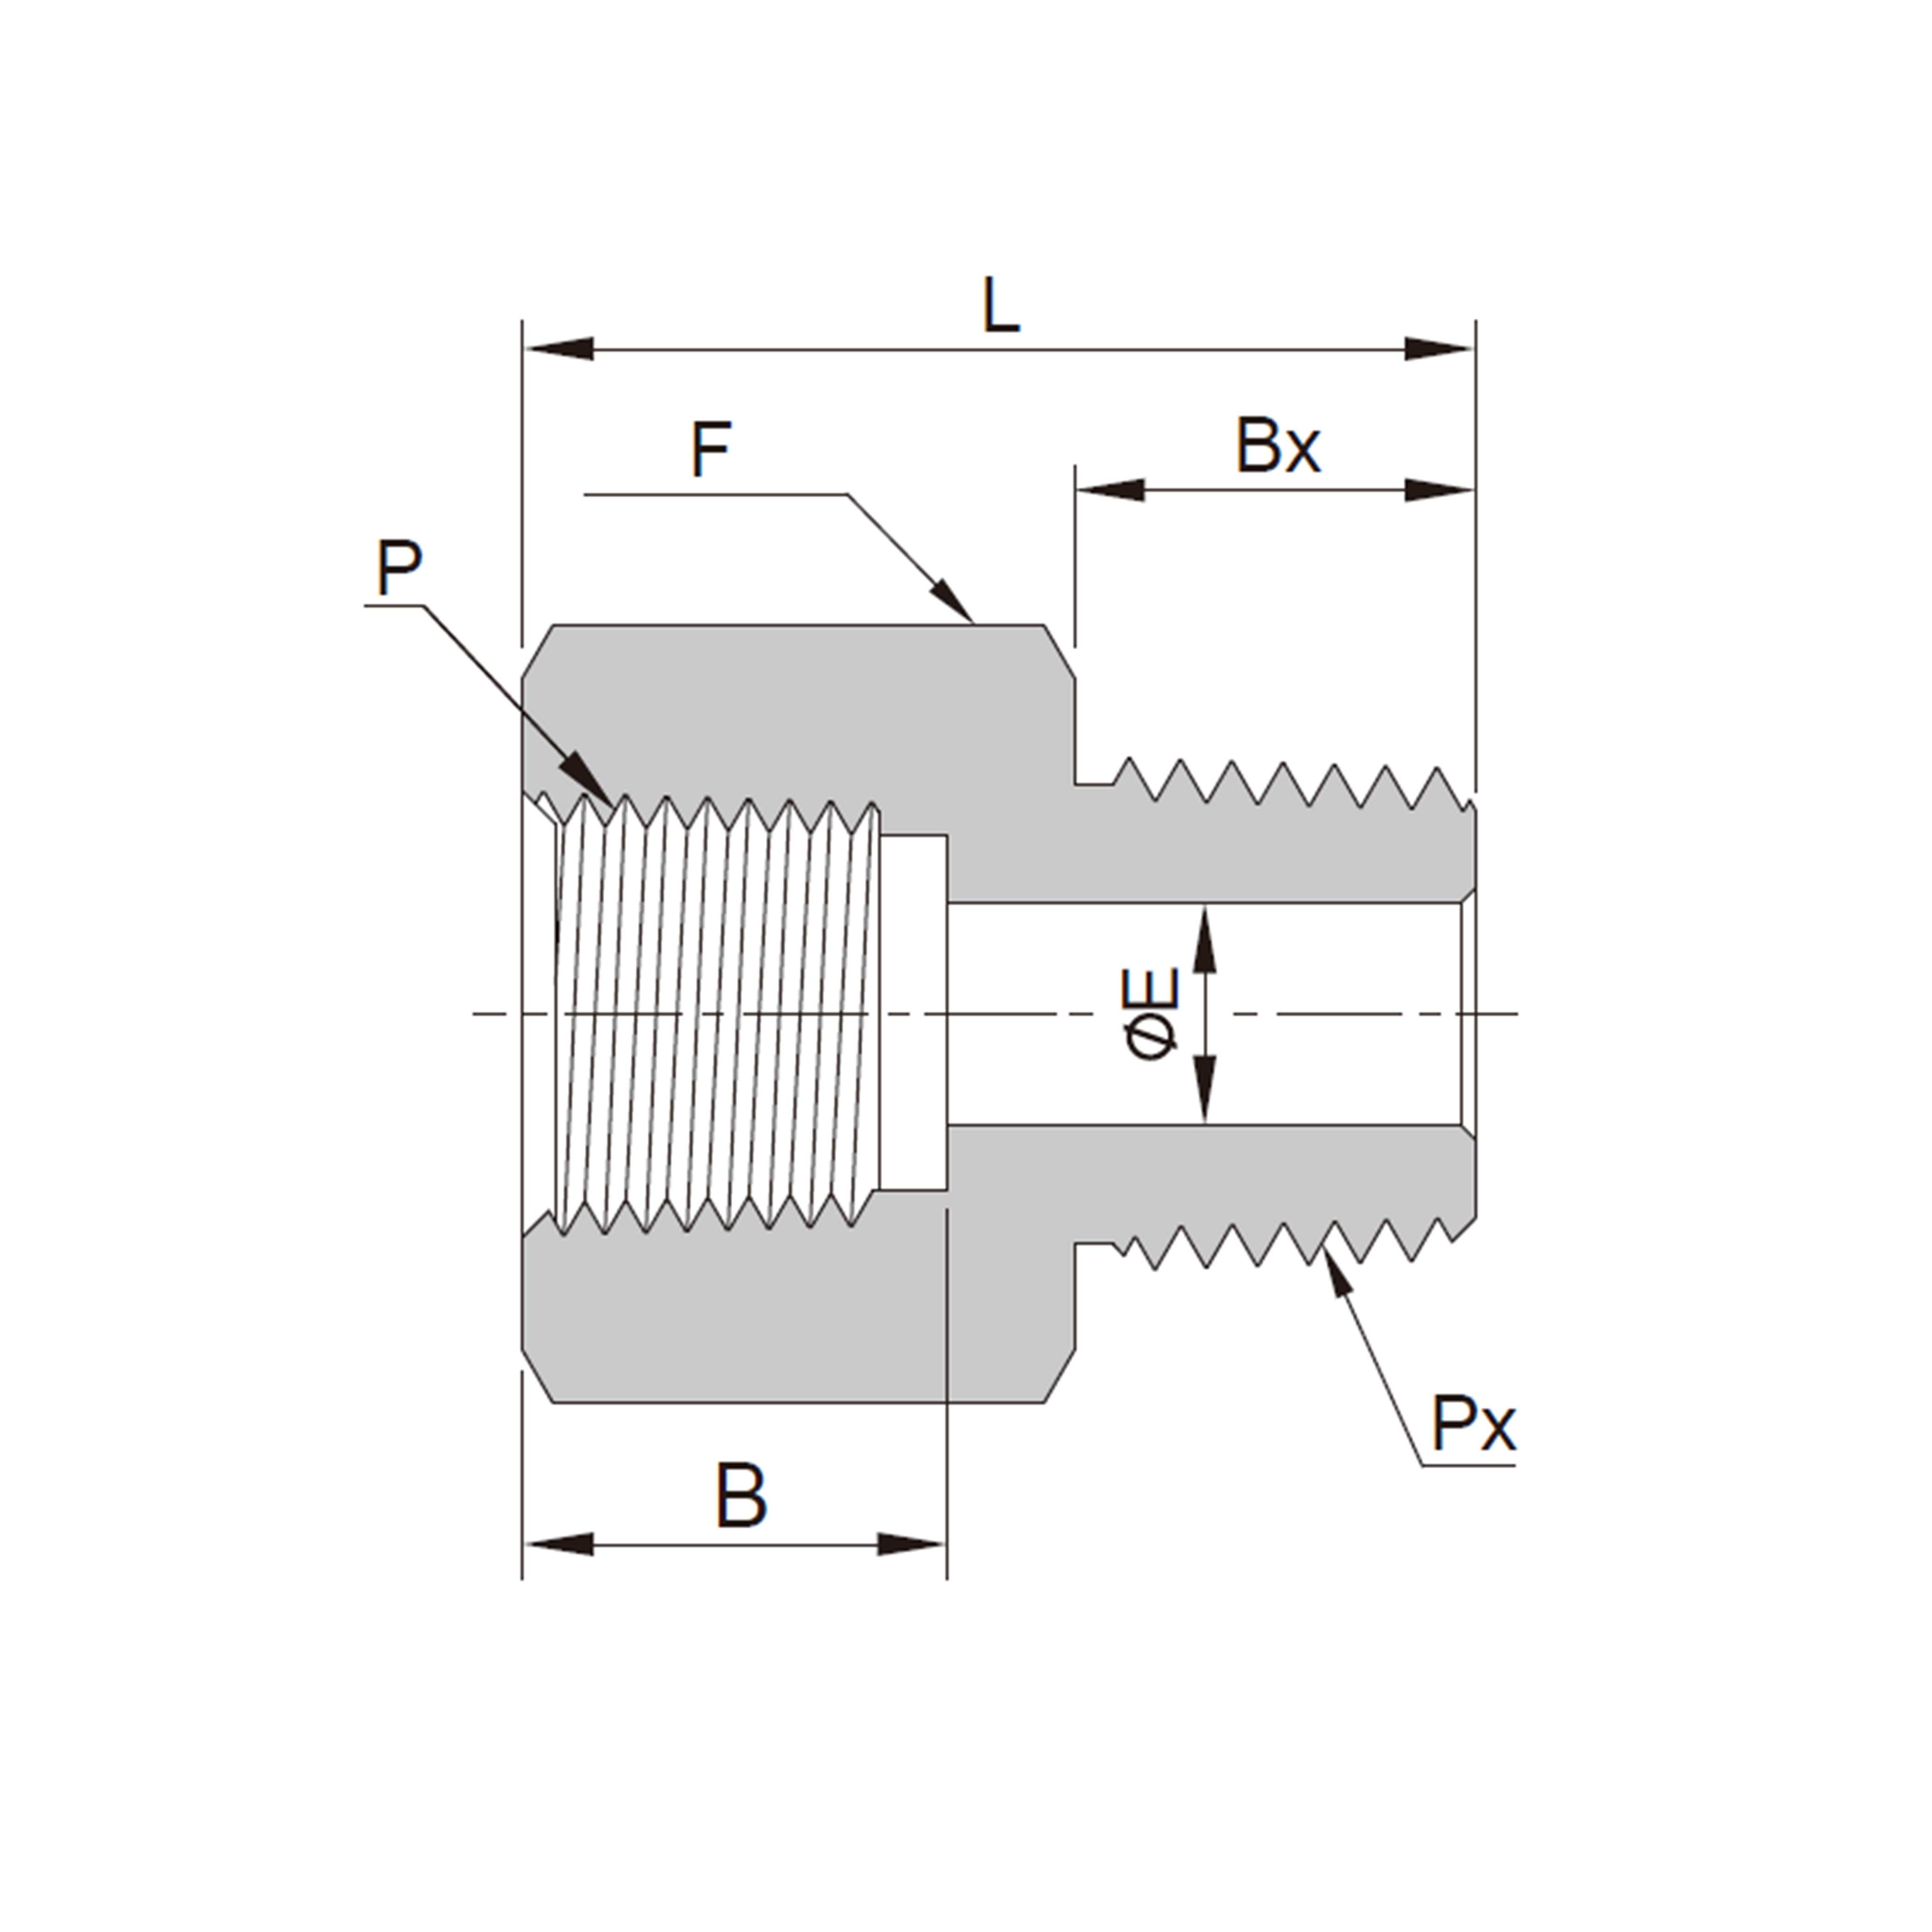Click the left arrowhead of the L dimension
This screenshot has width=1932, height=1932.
click(x=558, y=349)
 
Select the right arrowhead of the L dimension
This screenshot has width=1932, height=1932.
click(x=1440, y=349)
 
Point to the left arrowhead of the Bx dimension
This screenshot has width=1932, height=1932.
click(x=1110, y=490)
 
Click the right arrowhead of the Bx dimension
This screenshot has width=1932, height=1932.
click(x=1440, y=490)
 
